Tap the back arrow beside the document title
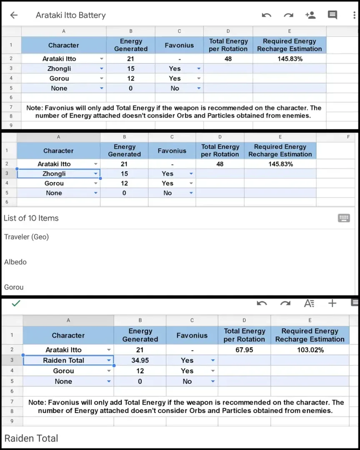click(14, 15)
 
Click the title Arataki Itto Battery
click(71, 15)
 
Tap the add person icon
click(310, 15)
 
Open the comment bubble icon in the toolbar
click(332, 15)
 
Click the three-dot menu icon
click(354, 15)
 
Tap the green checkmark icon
click(16, 303)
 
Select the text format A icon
click(309, 303)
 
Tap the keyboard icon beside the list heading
click(344, 218)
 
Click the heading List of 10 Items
click(31, 218)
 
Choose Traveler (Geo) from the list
click(27, 237)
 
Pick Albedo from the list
click(15, 262)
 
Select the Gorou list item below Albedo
click(14, 287)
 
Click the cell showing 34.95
click(140, 360)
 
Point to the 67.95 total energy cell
click(244, 350)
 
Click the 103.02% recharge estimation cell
click(310, 350)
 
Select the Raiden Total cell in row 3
click(64, 360)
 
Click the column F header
click(348, 137)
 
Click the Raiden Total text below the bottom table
click(31, 438)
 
